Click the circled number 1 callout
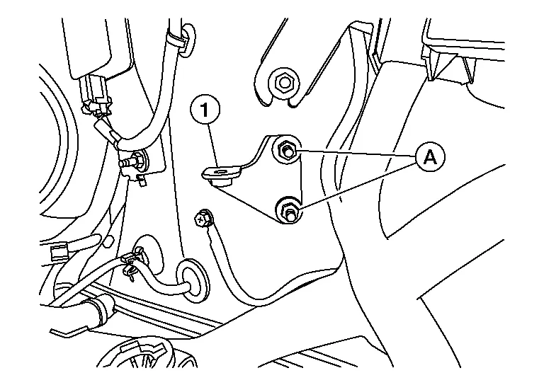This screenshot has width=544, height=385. pyautogui.click(x=205, y=110)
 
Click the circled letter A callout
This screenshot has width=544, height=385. pyautogui.click(x=430, y=157)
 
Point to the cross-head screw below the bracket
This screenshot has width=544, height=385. pyautogui.click(x=202, y=217)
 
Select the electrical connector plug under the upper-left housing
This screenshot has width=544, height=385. pyautogui.click(x=95, y=95)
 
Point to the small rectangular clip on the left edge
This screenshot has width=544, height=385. pyautogui.click(x=59, y=251)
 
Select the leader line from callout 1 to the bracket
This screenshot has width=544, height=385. pyautogui.click(x=213, y=146)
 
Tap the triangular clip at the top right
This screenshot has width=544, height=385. pyautogui.click(x=438, y=65)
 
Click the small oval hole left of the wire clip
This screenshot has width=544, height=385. pyautogui.click(x=109, y=241)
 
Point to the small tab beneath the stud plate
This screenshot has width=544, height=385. pyautogui.click(x=142, y=180)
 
